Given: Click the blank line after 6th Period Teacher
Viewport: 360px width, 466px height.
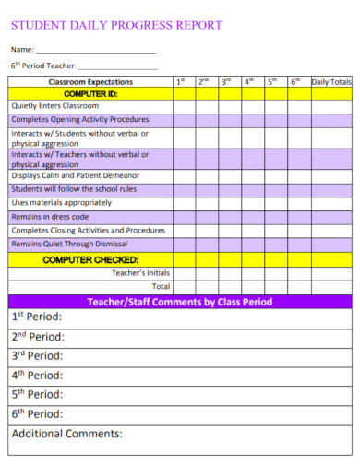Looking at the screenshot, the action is point(117,68).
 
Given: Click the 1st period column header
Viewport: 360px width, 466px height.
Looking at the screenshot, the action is point(183,82).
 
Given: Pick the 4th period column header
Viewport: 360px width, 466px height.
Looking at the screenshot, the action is point(249,82).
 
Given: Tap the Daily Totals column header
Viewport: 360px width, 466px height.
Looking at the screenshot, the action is point(330,82).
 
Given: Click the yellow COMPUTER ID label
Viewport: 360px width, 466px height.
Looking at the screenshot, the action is point(90,94).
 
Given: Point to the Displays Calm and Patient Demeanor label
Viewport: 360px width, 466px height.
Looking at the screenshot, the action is point(76,175).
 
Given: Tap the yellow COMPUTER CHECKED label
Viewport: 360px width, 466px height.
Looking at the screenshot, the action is point(90,260).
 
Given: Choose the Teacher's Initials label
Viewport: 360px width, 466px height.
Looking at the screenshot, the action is point(140,273).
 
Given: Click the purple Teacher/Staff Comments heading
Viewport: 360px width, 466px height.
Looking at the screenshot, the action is point(179,302).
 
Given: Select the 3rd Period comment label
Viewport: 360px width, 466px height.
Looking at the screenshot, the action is point(38,355).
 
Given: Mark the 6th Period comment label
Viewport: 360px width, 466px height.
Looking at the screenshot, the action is point(38,414).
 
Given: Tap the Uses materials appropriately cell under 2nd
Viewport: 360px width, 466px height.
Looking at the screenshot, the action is point(205,202).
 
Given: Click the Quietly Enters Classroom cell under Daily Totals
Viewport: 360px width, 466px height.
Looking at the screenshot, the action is point(330,106).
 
